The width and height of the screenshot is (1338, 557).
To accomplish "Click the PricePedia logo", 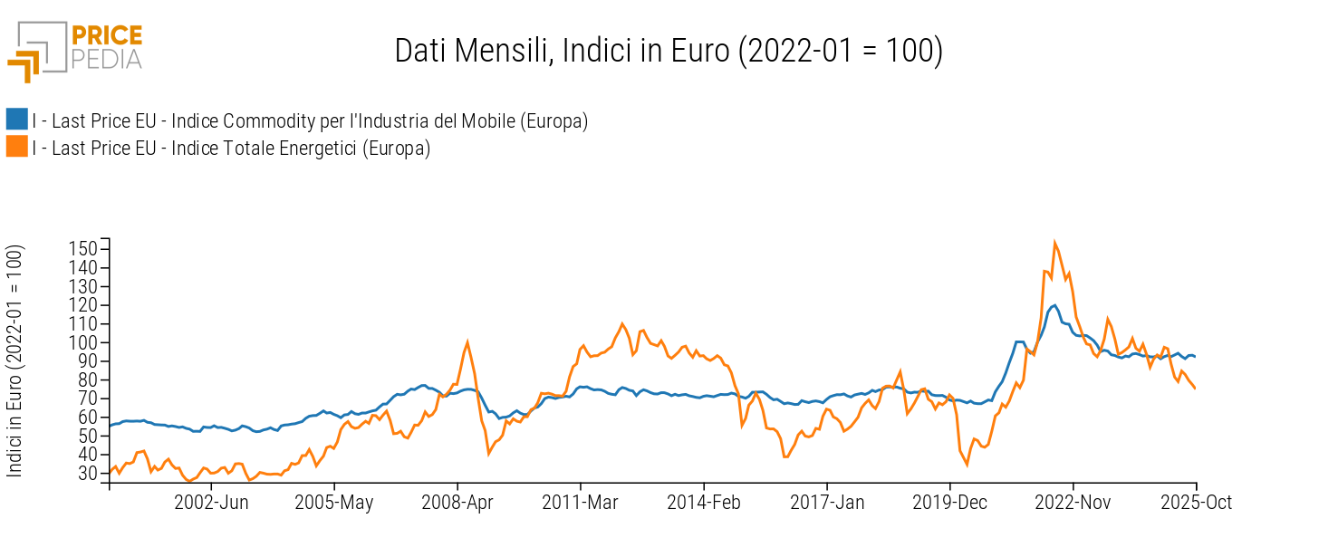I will pos(75,50).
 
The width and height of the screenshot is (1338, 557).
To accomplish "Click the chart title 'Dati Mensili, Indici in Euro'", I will pos(669,51).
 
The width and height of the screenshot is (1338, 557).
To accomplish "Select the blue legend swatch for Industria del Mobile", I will pos(16,120).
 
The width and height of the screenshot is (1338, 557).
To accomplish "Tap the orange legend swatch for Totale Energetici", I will pos(16,147).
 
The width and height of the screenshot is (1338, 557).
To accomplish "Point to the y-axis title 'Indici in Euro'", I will pos(15,360).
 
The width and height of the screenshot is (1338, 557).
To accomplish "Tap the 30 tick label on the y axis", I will pos(87,473).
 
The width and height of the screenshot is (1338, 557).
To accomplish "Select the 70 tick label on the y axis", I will pos(87,399).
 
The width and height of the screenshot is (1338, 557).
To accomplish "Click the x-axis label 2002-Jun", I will pos(211,503).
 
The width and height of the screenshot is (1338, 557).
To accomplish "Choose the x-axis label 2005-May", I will pos(334,503).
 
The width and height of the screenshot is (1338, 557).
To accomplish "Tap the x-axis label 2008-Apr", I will pos(457,503).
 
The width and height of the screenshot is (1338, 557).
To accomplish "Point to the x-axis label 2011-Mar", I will pos(581,503).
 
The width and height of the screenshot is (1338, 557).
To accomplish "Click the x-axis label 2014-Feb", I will pos(704,503).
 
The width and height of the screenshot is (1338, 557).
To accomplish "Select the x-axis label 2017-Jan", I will pos(827,503).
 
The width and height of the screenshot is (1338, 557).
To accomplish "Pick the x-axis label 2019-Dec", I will pos(950,503).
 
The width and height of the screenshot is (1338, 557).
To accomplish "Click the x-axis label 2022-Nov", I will pos(1073,503).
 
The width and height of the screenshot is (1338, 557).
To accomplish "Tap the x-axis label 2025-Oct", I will pos(1196,503).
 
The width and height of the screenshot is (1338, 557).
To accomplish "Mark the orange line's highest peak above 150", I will pos(1054,243).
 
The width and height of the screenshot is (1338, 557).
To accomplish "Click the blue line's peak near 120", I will pos(1054,305).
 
